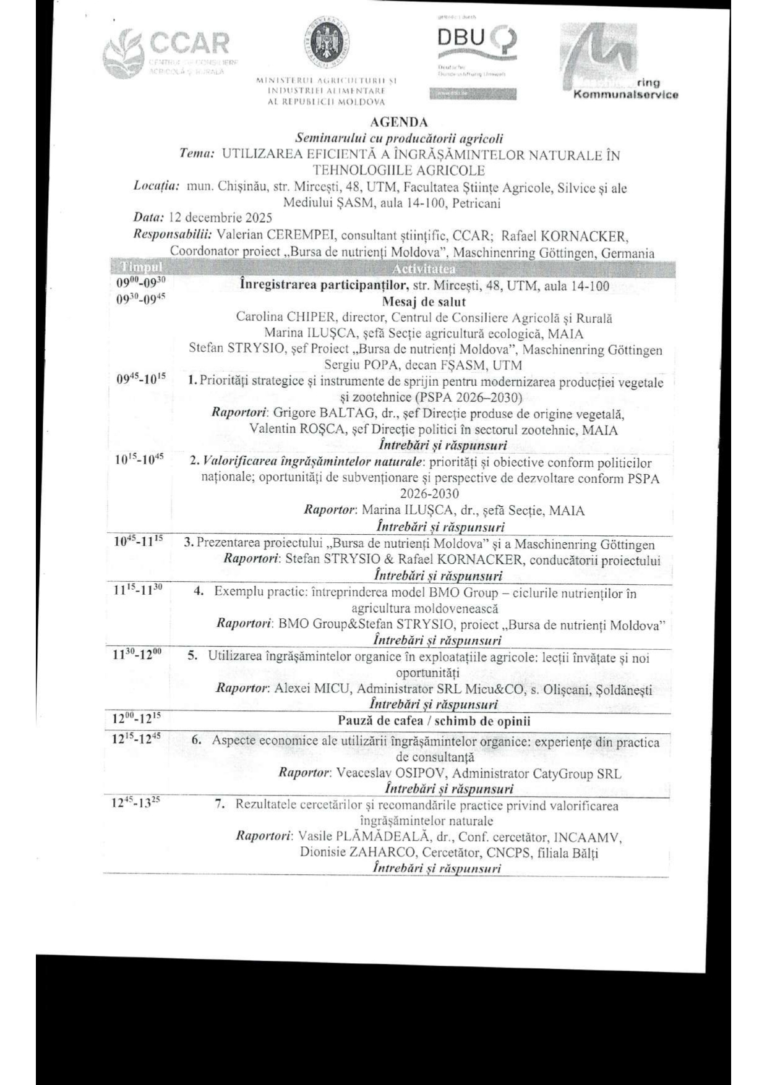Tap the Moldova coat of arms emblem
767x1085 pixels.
327,42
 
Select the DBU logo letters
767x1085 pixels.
461,39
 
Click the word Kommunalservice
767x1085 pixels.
625,95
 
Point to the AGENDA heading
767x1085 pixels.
399,122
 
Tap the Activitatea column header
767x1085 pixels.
424,269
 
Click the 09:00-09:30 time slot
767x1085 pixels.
142,283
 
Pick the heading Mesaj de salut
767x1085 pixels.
424,302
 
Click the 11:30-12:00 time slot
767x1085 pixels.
137,655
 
